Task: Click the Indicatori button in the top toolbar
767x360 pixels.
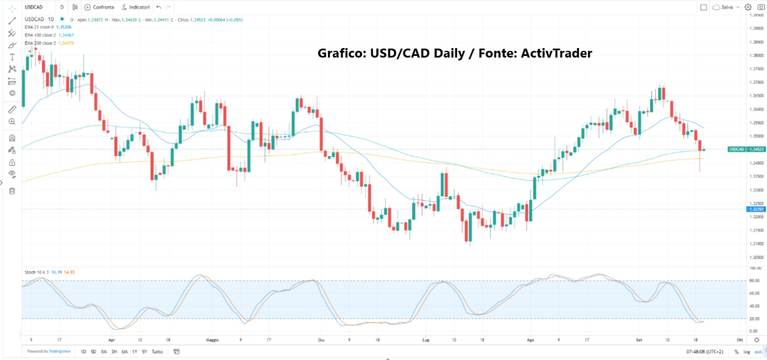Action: tap(136, 7)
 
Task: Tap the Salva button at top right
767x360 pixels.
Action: tap(727, 7)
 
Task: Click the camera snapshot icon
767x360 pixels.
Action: tap(760, 7)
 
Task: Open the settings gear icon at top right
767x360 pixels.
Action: tap(748, 7)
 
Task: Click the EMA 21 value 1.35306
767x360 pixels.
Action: tap(63, 27)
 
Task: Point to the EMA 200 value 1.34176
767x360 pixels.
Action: tap(65, 43)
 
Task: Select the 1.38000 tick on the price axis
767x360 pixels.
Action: tap(756, 55)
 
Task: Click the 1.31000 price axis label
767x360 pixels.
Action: tap(756, 244)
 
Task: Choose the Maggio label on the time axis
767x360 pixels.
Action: tap(212, 340)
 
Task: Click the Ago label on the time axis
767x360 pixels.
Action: tap(530, 340)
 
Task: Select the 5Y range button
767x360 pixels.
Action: tap(144, 352)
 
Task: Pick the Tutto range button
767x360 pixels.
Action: tap(157, 352)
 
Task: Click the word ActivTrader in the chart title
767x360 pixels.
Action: tap(557, 53)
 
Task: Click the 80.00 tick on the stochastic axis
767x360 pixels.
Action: tap(754, 280)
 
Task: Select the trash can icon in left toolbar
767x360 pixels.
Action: tap(12, 190)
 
